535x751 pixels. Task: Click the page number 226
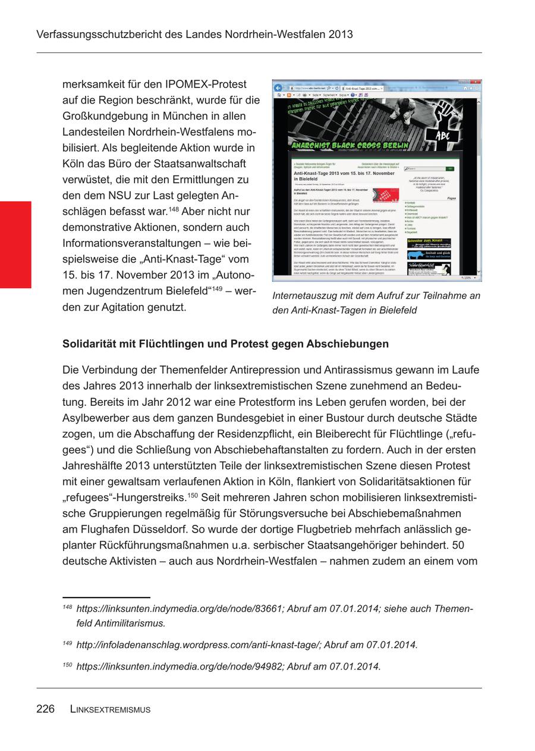(x=45, y=709)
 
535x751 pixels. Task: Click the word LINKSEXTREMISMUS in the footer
(x=110, y=709)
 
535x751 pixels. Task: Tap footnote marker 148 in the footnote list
(x=67, y=607)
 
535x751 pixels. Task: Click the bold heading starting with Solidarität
(x=225, y=344)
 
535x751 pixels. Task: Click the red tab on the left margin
(x=15, y=245)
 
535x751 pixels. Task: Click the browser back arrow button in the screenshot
(x=278, y=87)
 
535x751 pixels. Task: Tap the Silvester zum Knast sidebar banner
(x=429, y=243)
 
